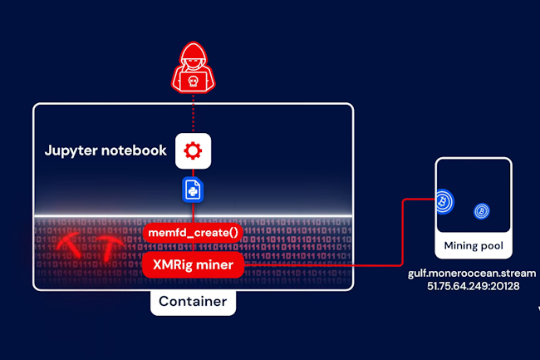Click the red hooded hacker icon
pos(193,72)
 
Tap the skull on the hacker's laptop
pos(193,81)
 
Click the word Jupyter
pos(71,150)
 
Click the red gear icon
pos(193,150)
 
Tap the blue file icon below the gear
pos(193,190)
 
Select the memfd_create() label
pos(193,233)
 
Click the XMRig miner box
pos(193,265)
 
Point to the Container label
pos(193,301)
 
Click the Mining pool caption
pos(474,245)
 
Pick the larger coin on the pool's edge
pos(444,201)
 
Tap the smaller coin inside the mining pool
pos(481,212)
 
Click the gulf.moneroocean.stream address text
pos(471,273)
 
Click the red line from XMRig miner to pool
pos(349,266)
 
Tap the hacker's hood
pos(193,58)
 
